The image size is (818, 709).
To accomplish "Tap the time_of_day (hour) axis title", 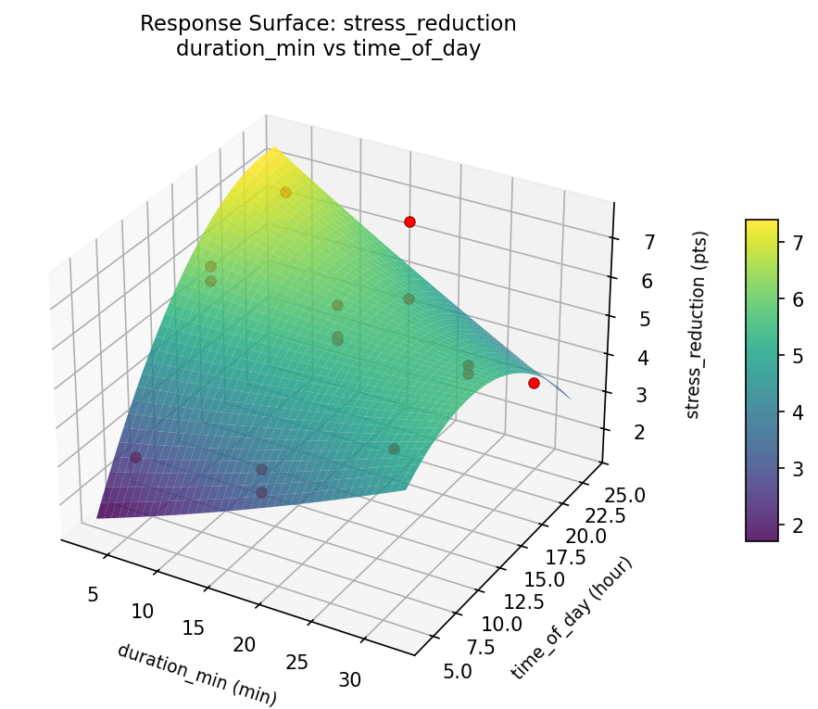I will (x=572, y=618).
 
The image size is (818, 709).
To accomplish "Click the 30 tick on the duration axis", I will (x=349, y=679).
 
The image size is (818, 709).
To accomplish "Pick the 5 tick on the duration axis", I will (x=93, y=593).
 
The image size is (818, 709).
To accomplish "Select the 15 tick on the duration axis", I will (x=194, y=627).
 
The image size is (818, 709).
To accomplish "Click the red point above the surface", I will (x=409, y=222).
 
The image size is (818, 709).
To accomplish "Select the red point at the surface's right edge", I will (x=534, y=383).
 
